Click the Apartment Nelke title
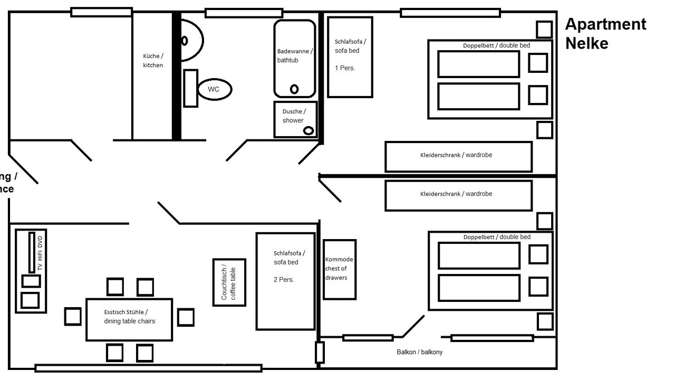tap(605, 33)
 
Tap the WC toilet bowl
tap(214, 89)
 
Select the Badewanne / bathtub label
tap(295, 55)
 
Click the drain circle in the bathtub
tap(294, 89)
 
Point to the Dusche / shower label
tap(293, 116)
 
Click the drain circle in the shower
tap(308, 130)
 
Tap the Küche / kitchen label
tap(153, 61)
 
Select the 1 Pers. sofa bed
tap(350, 57)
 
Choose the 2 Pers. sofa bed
tap(286, 281)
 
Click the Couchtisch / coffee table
tap(229, 282)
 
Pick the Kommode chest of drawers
tap(339, 269)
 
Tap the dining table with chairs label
tap(129, 317)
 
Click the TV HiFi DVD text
tap(40, 253)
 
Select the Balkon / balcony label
tap(419, 352)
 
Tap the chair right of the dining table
tap(186, 317)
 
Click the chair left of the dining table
tap(73, 317)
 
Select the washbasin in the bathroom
tap(191, 40)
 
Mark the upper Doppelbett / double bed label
tap(496, 45)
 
